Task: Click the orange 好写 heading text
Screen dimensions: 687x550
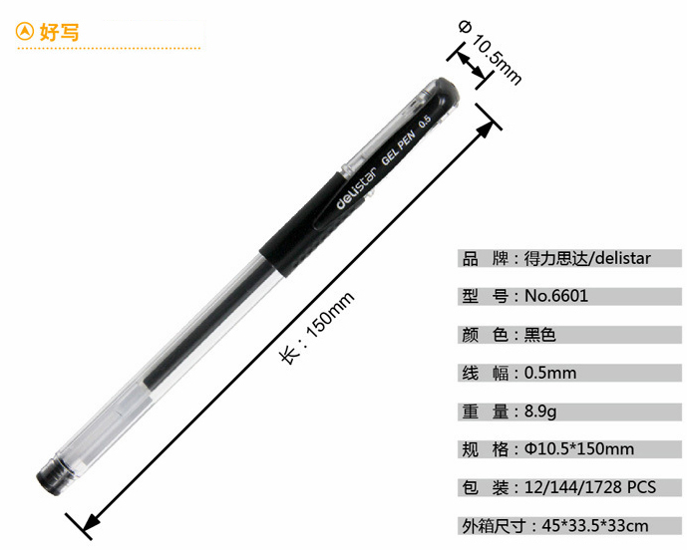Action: click(60, 32)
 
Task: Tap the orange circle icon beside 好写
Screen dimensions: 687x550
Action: click(25, 32)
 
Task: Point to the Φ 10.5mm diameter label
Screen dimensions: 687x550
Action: click(491, 52)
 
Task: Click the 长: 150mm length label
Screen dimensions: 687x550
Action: click(317, 327)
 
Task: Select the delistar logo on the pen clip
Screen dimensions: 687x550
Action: click(357, 188)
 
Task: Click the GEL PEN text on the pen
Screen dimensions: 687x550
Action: click(398, 148)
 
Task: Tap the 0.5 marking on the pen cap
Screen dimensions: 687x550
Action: click(425, 122)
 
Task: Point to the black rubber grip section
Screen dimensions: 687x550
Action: click(307, 228)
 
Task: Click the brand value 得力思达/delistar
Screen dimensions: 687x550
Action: click(587, 258)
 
